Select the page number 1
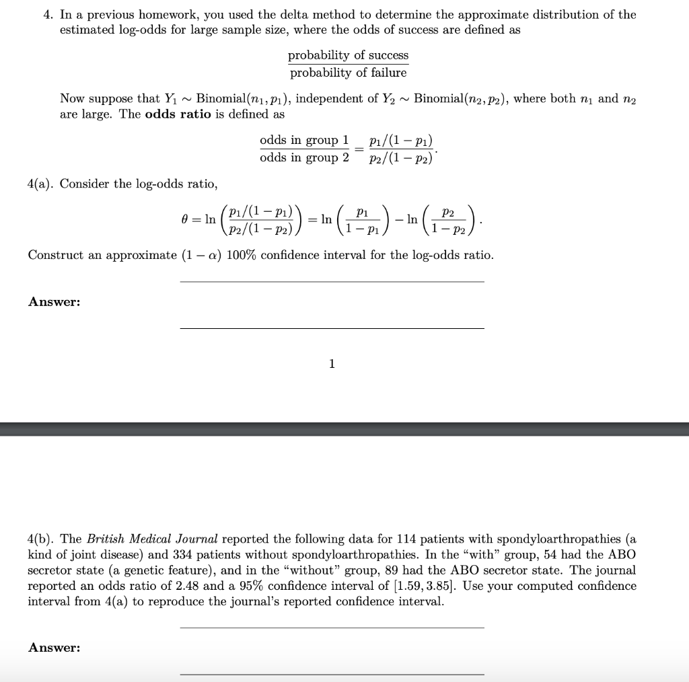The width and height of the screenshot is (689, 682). (x=331, y=364)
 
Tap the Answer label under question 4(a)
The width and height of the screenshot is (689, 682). (x=54, y=302)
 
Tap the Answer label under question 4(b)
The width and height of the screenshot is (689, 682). (x=54, y=648)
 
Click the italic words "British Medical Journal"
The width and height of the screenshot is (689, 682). (x=152, y=539)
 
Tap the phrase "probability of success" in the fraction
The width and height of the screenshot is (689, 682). (x=348, y=55)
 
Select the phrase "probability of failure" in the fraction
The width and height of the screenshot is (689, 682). (x=348, y=73)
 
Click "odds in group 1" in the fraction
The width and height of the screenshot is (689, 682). (x=304, y=140)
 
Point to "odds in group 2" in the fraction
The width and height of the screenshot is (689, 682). (x=304, y=157)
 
